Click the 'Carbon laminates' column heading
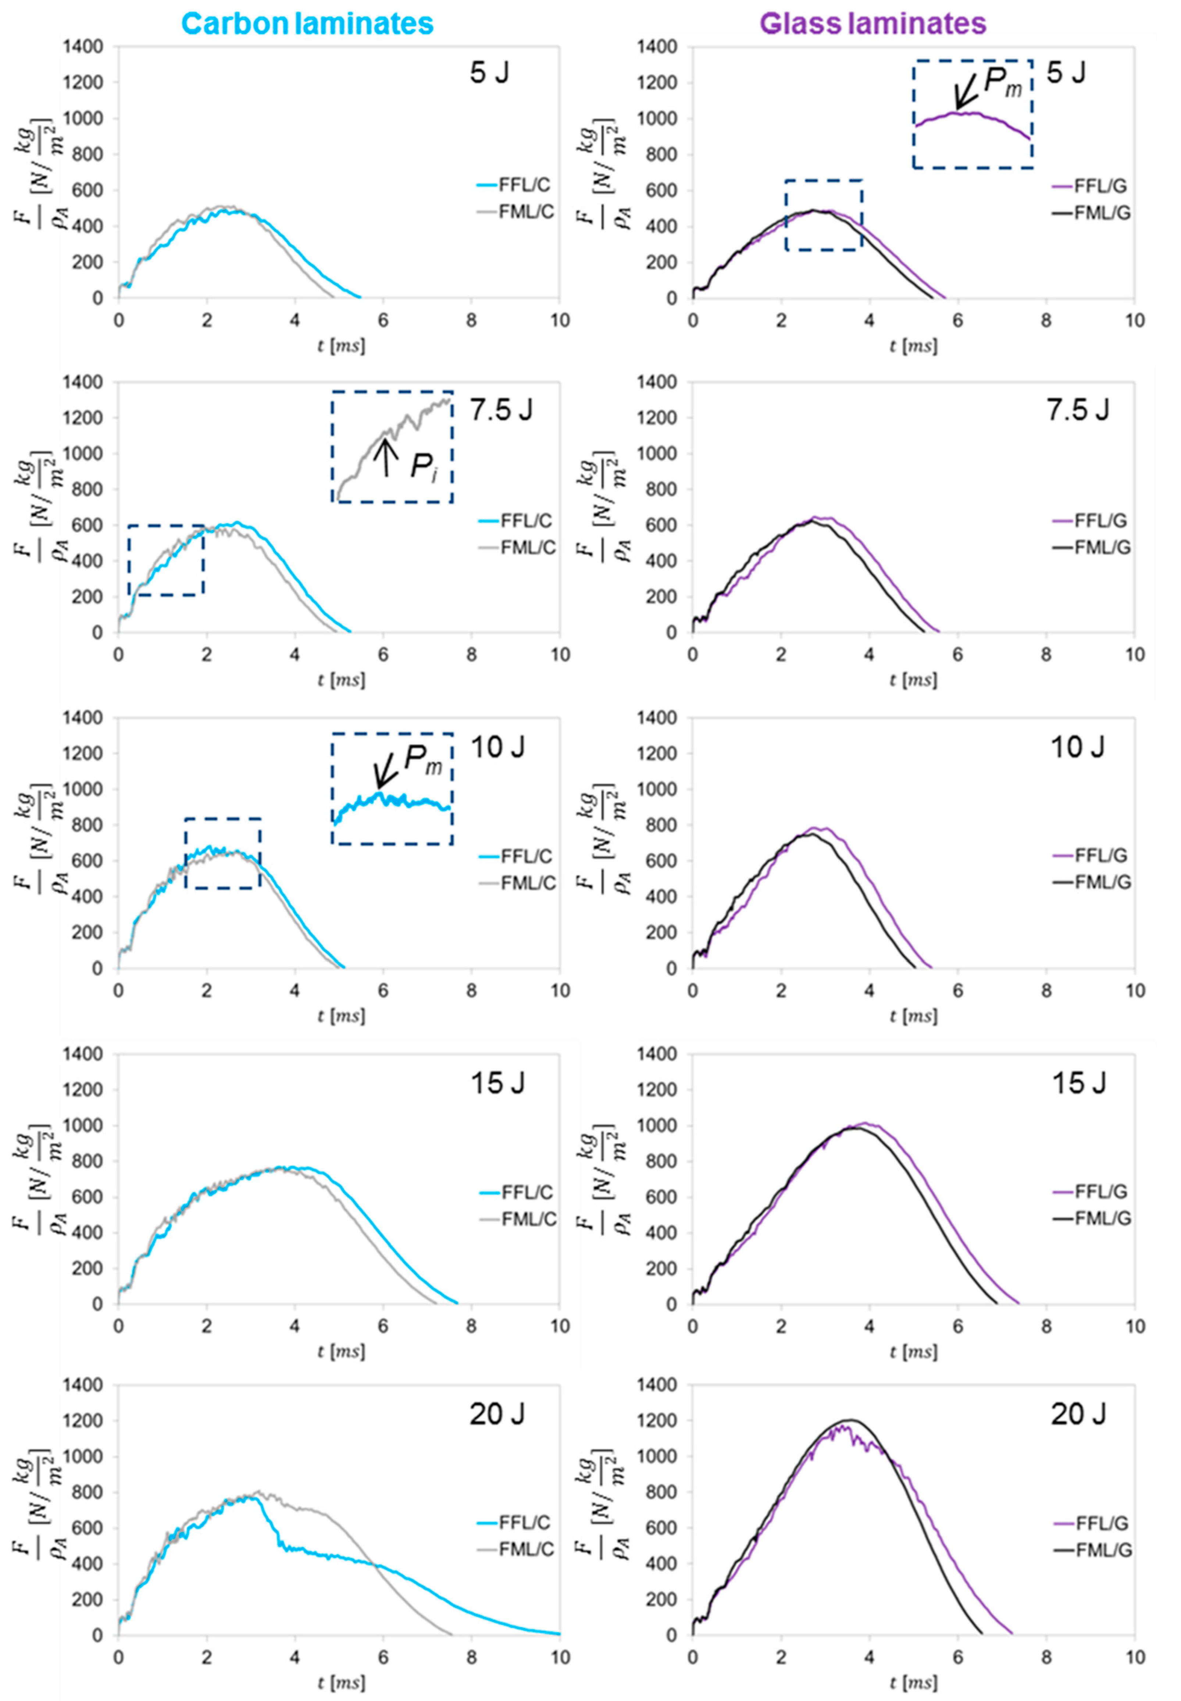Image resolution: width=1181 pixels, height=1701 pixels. pyautogui.click(x=307, y=24)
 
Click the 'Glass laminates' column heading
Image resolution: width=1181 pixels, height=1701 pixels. pyautogui.click(x=873, y=24)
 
